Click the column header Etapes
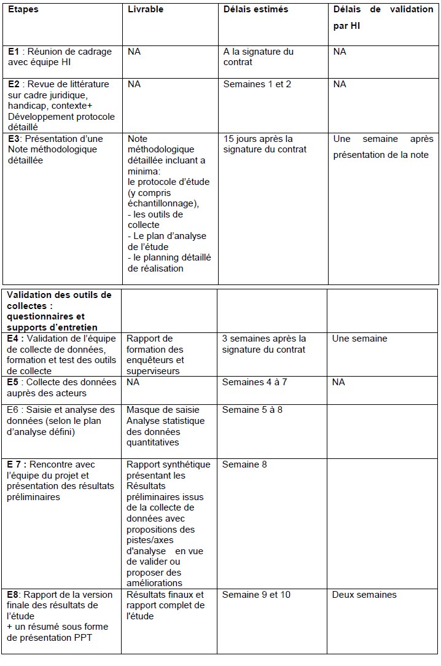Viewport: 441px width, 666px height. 23,9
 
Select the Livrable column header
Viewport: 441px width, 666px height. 146,9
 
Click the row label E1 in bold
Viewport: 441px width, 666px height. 14,52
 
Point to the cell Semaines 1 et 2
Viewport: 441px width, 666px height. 257,84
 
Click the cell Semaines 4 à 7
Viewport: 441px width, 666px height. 254,382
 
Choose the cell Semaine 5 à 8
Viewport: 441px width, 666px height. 252,410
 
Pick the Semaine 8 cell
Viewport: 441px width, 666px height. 244,464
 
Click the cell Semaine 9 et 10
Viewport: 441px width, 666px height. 256,595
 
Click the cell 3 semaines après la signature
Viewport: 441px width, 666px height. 263,344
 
